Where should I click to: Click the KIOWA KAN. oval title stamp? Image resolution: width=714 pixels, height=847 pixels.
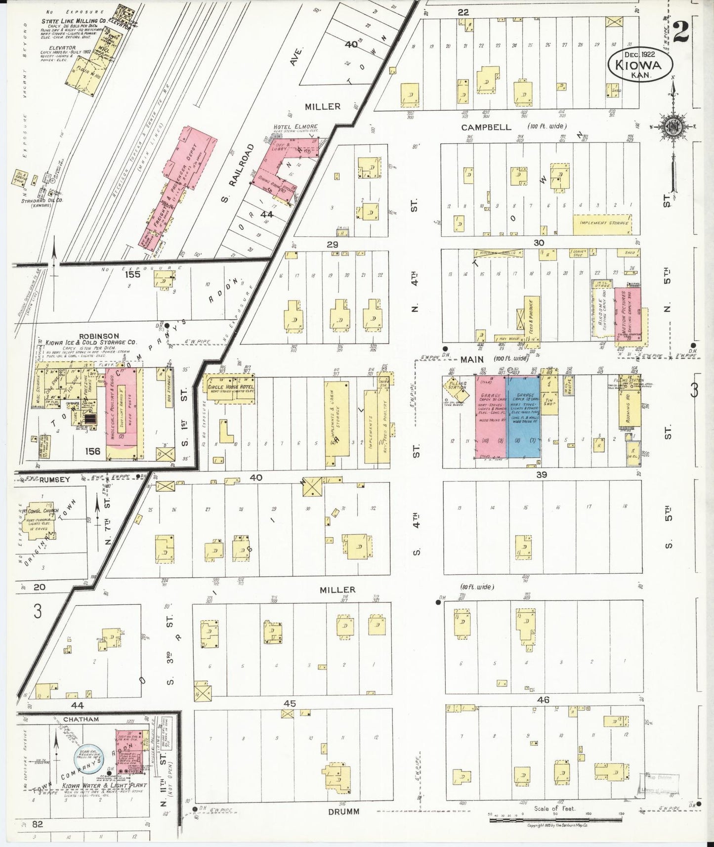tap(641, 64)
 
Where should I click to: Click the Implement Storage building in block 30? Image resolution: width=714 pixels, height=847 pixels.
tap(602, 222)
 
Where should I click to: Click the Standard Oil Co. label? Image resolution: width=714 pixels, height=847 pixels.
tap(42, 201)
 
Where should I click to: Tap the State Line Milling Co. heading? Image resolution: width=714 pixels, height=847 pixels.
tap(74, 21)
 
